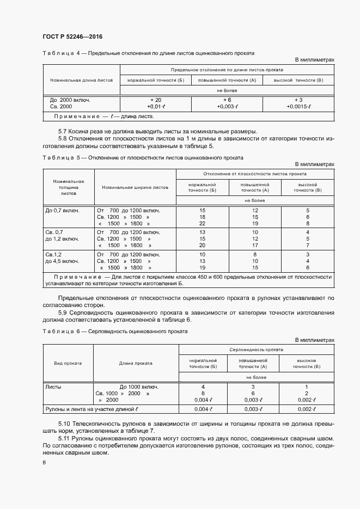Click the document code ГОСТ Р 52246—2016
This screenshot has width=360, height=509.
[x=72, y=36]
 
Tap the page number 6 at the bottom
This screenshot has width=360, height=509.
[x=44, y=462]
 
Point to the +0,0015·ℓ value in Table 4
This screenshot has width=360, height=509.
[x=298, y=107]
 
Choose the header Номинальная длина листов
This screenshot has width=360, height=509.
[x=81, y=79]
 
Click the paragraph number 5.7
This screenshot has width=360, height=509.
[x=64, y=131]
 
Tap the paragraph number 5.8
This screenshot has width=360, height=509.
[x=64, y=138]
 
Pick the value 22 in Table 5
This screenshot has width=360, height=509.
[x=202, y=223]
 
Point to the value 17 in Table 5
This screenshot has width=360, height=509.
[x=255, y=246]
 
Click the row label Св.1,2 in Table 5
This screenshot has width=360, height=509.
[x=54, y=254]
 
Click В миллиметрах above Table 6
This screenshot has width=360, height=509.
[x=314, y=340]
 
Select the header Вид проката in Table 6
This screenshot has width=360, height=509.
[x=68, y=363]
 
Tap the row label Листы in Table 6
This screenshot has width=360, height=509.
[x=53, y=387]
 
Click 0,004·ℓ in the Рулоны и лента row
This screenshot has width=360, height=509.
[x=202, y=409]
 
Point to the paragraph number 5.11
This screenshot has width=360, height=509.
[x=66, y=438]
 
